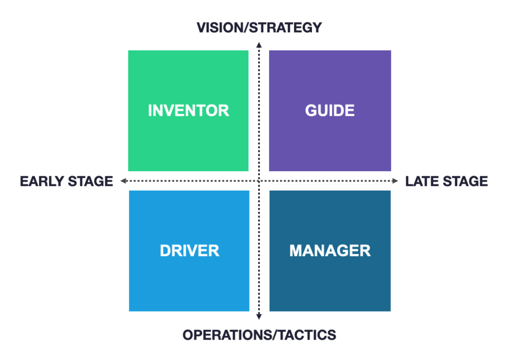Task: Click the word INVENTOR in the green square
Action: (188, 110)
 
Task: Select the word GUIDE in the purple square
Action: (330, 110)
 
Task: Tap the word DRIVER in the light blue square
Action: (189, 251)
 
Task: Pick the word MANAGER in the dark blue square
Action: (330, 251)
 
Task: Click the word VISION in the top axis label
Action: (220, 28)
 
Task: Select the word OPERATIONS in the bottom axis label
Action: (226, 335)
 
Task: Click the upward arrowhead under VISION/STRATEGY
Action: (259, 45)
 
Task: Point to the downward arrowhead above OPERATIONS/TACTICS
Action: (259, 316)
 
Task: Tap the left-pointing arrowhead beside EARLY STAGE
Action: (123, 181)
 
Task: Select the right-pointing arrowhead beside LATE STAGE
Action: (395, 181)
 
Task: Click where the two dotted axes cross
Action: (259, 181)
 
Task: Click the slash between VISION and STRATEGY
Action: (246, 28)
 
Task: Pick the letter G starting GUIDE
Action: (311, 110)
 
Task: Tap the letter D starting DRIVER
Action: (166, 251)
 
